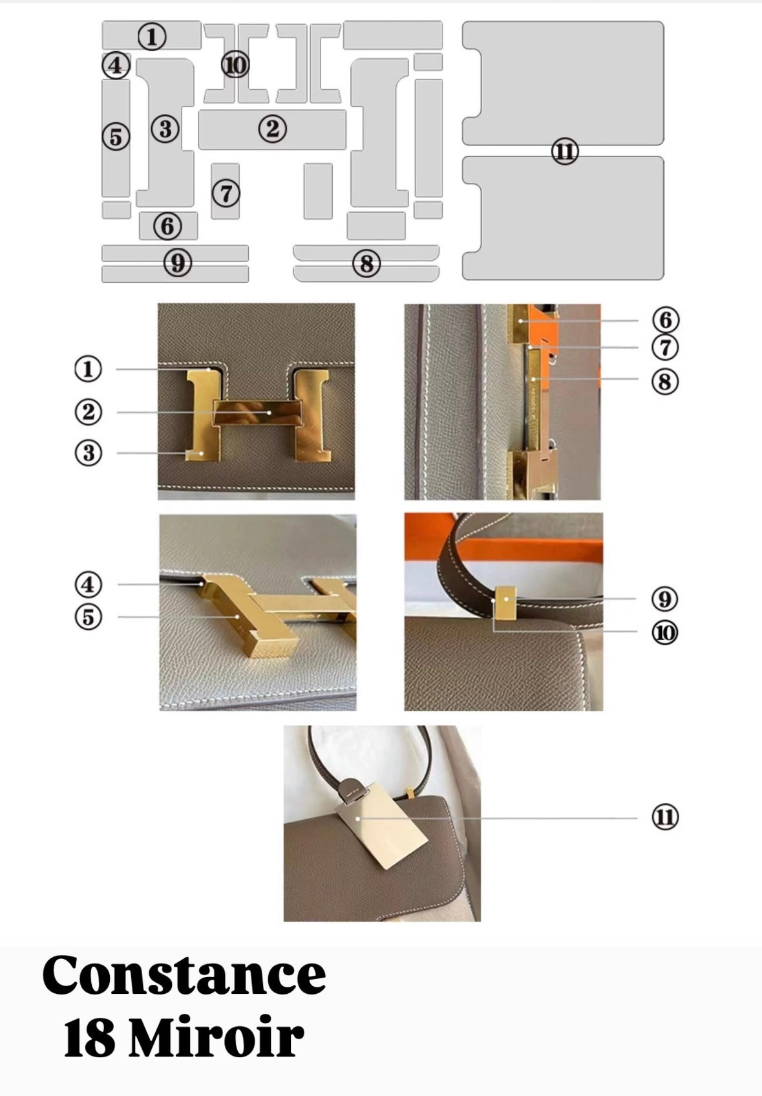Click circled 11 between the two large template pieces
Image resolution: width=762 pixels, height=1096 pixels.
[565, 151]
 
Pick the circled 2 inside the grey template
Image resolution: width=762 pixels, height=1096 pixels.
[273, 129]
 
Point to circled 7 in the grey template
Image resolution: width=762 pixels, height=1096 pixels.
[226, 193]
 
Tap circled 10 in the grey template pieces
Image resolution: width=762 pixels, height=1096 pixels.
[235, 65]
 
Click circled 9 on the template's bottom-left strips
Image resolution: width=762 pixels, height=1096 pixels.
[178, 263]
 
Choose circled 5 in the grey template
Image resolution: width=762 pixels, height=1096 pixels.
[116, 136]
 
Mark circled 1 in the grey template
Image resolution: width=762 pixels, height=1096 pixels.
[152, 37]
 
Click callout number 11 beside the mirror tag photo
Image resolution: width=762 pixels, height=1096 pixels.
[665, 817]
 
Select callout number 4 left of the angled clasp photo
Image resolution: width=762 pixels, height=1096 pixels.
[89, 584]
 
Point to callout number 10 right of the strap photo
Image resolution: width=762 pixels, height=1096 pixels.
[664, 632]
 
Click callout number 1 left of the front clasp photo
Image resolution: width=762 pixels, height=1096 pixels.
[89, 369]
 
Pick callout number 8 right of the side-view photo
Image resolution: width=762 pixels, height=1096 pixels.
[665, 381]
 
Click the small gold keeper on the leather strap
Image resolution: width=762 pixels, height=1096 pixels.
[505, 602]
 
